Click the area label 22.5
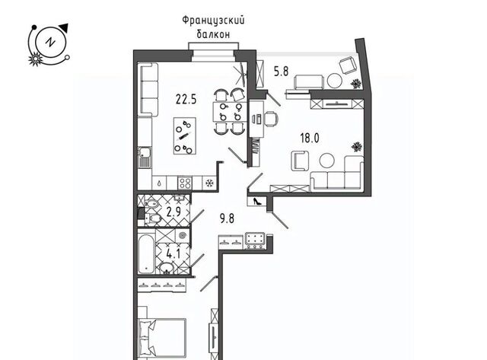[186, 100]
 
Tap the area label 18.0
[310, 138]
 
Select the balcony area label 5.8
[281, 72]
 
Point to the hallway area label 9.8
[227, 218]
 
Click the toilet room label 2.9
[173, 212]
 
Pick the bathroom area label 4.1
[173, 254]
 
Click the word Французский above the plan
[213, 21]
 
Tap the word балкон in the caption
[213, 34]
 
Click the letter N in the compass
[49, 42]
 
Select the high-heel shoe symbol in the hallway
[257, 201]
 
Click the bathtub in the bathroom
[145, 254]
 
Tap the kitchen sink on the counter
[145, 158]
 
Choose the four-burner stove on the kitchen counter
[185, 183]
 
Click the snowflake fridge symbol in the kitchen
[210, 183]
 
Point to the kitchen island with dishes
[185, 135]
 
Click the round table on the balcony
[334, 81]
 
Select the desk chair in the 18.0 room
[271, 119]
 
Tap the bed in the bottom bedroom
[162, 339]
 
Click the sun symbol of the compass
[35, 59]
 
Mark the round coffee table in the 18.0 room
[327, 161]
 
